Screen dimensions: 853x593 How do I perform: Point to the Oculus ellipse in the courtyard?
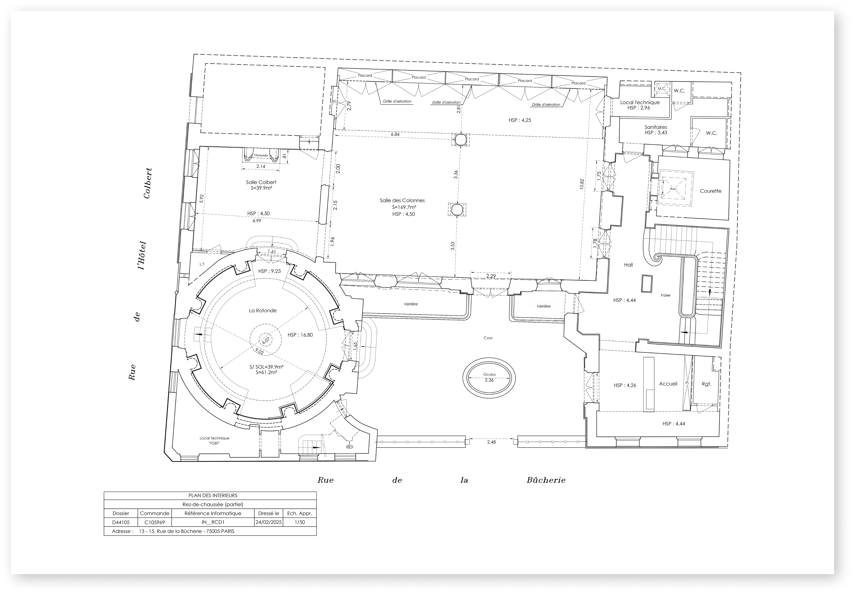point(489,378)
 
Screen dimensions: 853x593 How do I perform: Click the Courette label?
point(710,191)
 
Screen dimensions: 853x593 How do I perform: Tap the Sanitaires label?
point(656,127)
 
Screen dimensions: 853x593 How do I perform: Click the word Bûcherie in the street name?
point(546,480)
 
